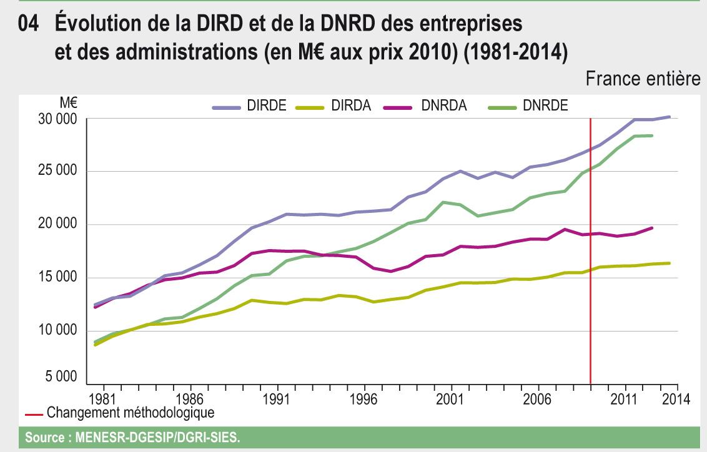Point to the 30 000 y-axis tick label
coord(57,119)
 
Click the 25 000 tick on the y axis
coord(57,172)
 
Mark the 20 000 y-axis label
coord(57,225)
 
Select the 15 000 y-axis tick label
coord(57,278)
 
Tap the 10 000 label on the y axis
coord(57,331)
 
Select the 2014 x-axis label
coord(676,400)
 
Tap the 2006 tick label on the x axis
coord(538,400)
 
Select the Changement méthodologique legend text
coord(131,412)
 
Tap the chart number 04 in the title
coord(32,25)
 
